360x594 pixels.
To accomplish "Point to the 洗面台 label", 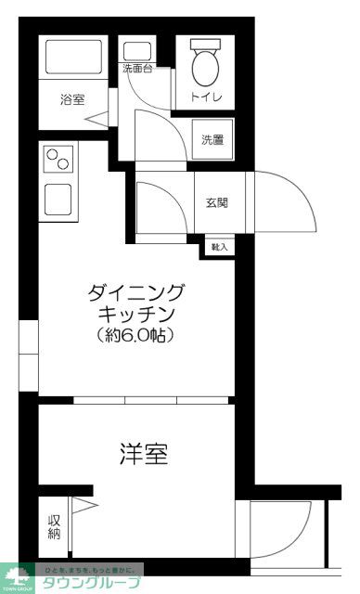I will pos(136,69).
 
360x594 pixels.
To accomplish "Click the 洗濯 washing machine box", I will pos(212,139).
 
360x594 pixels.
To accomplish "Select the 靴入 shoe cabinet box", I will pos(220,247).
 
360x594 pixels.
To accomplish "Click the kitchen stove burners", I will pos(58,161).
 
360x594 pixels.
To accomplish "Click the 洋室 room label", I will pos(143,454).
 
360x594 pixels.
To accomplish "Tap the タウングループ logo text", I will pos(89,583).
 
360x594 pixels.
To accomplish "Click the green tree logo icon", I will pos(16,575).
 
